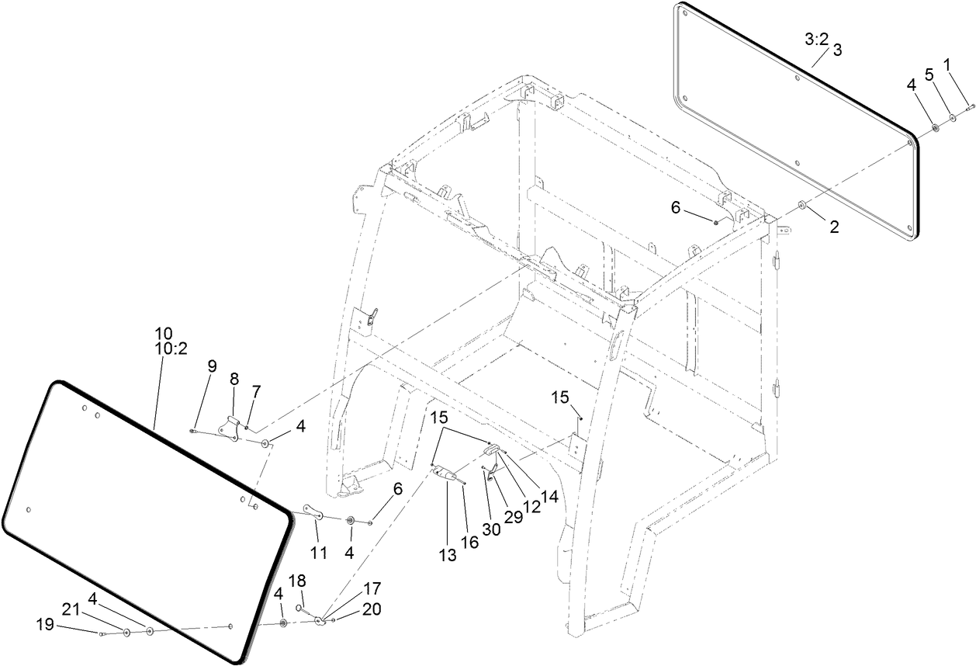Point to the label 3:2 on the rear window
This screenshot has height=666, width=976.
point(816,38)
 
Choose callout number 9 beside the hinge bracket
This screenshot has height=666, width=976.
point(213,366)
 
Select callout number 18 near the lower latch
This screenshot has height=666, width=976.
point(298,581)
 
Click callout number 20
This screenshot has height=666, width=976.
point(372,609)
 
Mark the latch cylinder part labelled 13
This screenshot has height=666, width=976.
point(446,473)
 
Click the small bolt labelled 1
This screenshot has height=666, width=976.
point(970,109)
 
